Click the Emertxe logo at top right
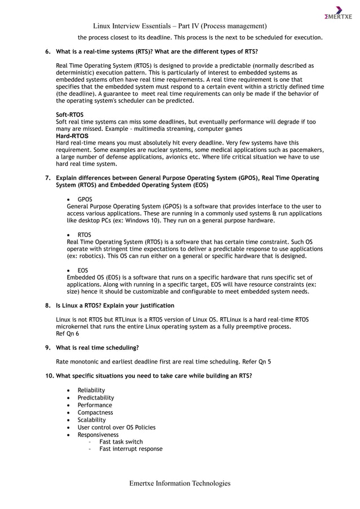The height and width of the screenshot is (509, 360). [x=338, y=12]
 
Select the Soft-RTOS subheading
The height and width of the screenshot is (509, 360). [x=70, y=115]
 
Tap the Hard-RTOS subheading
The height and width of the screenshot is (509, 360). [x=72, y=136]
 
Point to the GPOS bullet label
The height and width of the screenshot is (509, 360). [x=85, y=199]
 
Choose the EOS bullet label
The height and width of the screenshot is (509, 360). [x=83, y=270]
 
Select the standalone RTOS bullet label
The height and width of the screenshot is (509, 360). [x=85, y=235]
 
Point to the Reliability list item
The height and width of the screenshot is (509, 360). [x=91, y=390]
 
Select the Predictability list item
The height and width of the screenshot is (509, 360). [x=96, y=398]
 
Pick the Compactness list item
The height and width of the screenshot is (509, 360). [x=95, y=413]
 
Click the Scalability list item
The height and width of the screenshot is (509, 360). [x=91, y=420]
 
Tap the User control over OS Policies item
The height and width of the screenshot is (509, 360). [x=116, y=427]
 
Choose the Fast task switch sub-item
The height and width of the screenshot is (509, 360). [x=121, y=442]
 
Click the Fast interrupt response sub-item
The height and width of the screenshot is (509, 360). [x=131, y=449]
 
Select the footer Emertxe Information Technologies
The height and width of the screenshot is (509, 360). [x=179, y=483]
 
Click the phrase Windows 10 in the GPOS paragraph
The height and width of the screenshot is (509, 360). [x=153, y=221]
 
